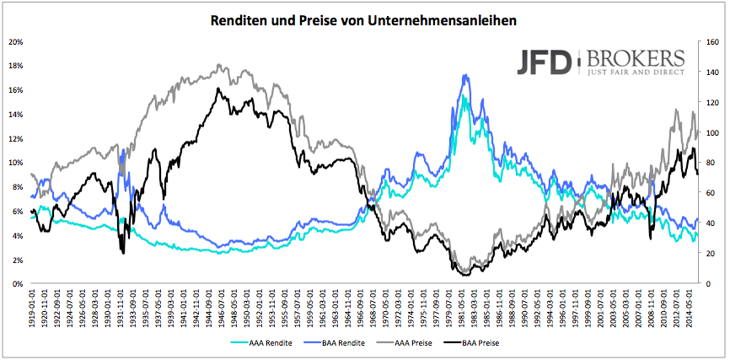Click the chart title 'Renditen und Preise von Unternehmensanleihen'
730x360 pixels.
364,18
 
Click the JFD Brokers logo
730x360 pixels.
599,63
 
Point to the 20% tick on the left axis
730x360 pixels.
16,41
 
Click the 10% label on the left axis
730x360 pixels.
16,163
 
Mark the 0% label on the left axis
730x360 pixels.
18,284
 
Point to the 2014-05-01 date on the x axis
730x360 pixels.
693,309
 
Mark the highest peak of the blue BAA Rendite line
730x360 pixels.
464,75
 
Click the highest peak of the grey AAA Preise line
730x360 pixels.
219,64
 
